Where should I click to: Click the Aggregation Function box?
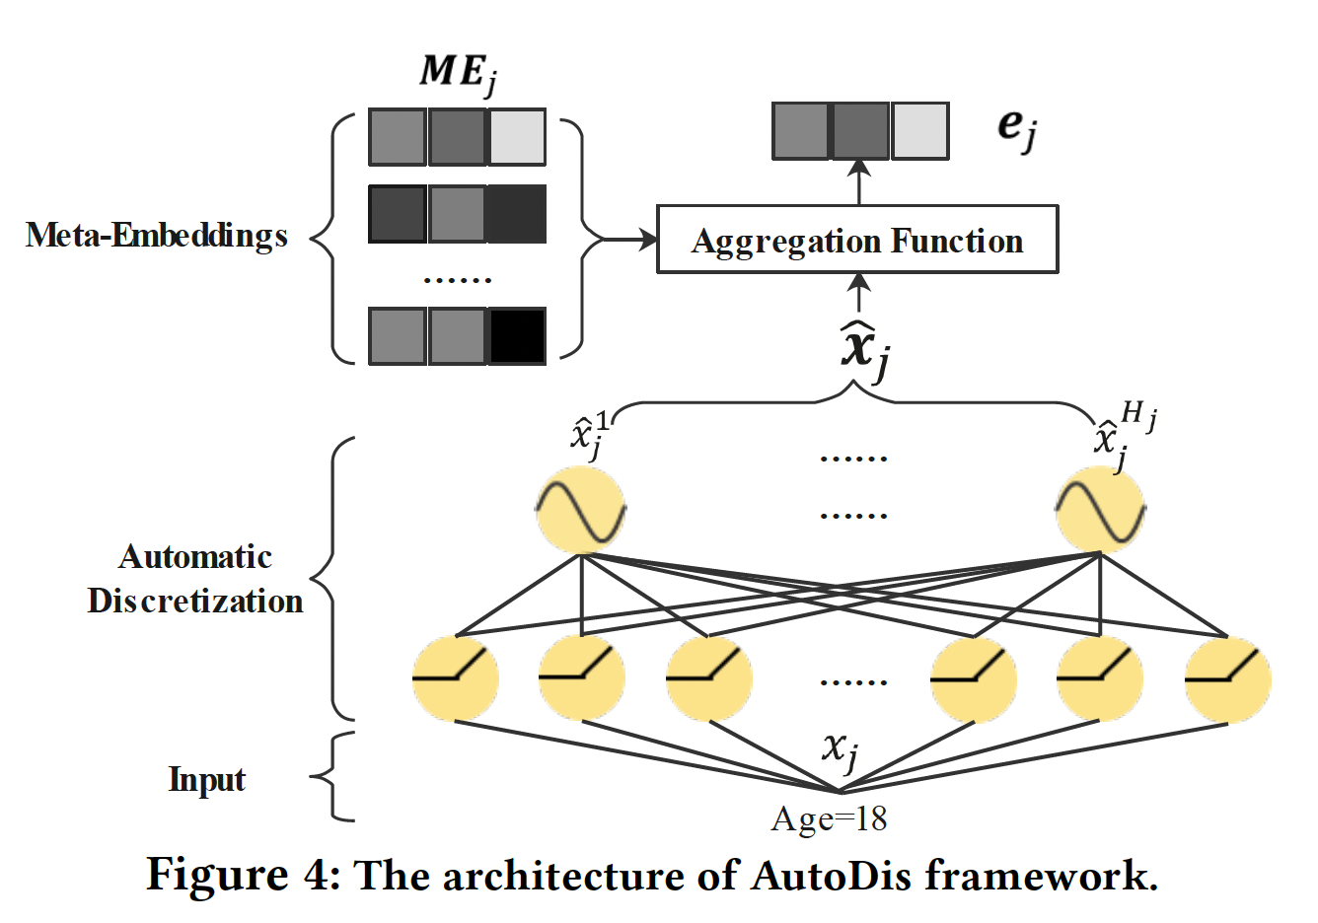(857, 240)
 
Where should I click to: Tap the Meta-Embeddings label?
(157, 236)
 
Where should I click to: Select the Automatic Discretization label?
(195, 579)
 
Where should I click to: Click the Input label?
(207, 779)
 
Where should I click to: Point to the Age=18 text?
(829, 818)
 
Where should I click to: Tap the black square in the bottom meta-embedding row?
(517, 336)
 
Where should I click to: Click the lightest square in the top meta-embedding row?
(517, 137)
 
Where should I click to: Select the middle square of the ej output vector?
(860, 131)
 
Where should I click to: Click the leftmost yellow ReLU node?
(455, 679)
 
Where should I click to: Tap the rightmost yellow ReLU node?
(1227, 679)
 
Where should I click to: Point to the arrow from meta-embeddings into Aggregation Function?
(622, 239)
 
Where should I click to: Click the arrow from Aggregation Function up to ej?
(859, 182)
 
